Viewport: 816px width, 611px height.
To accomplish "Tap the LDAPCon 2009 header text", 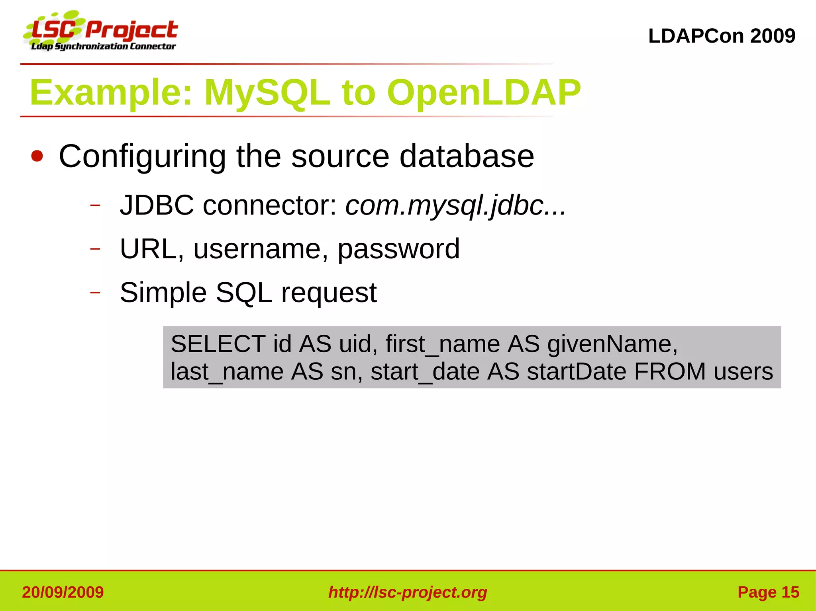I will click(722, 36).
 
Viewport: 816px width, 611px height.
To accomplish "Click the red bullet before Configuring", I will click(37, 156).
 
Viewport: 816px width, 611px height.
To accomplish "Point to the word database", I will click(467, 156).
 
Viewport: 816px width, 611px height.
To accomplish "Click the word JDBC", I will click(157, 206).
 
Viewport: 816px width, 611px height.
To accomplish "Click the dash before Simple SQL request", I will click(95, 293).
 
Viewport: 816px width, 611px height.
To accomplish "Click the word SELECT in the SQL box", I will click(218, 344).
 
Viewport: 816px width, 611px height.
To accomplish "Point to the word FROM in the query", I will click(670, 372).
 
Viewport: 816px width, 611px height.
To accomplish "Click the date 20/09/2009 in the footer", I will click(63, 592).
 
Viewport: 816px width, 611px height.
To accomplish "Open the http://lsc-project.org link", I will click(408, 592).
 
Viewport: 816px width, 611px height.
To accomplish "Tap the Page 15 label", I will click(768, 592).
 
